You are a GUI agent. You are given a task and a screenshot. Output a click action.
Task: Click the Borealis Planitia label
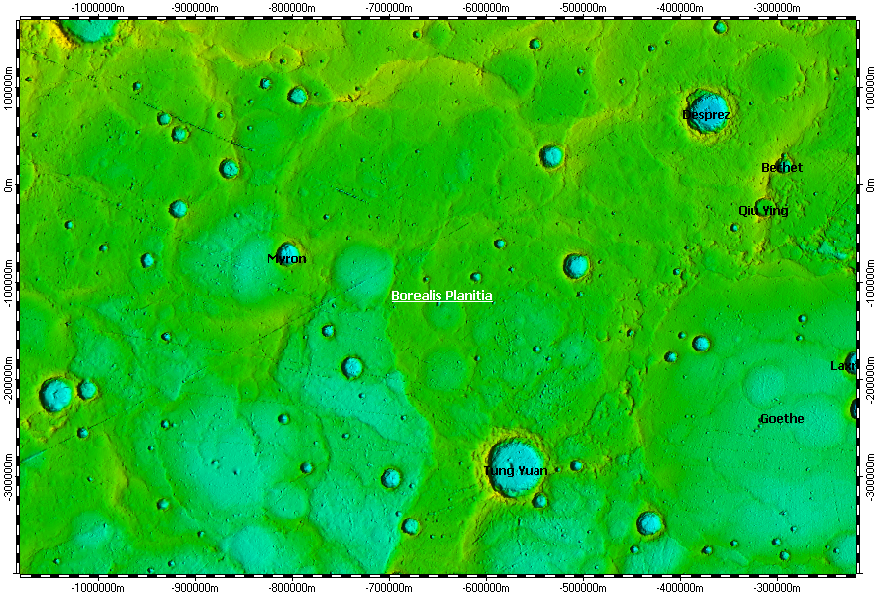pyautogui.click(x=441, y=296)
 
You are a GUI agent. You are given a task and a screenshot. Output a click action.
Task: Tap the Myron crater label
pyautogui.click(x=287, y=259)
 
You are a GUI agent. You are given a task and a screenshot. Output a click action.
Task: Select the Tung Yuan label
pyautogui.click(x=516, y=471)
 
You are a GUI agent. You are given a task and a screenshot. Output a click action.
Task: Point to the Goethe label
pyautogui.click(x=782, y=419)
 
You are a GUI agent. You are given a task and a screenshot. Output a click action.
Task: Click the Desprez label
pyautogui.click(x=706, y=115)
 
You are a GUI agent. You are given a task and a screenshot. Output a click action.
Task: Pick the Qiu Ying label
pyautogui.click(x=763, y=211)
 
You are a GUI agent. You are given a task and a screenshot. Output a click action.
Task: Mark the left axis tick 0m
pyautogui.click(x=9, y=185)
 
